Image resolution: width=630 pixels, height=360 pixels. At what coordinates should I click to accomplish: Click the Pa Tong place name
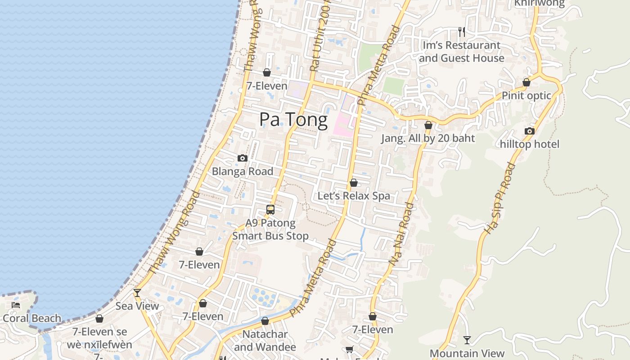point(293,120)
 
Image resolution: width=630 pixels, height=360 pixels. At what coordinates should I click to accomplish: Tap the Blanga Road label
point(243,171)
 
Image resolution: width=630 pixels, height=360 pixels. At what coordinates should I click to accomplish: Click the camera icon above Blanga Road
point(243,158)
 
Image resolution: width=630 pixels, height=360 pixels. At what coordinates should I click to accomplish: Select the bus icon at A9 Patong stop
point(270,209)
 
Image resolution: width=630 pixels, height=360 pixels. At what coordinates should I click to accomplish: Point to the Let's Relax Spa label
point(354,196)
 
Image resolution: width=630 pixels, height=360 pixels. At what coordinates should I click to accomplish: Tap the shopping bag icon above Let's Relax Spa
point(354,183)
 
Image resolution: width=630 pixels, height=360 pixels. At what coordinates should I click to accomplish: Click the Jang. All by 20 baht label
point(428,138)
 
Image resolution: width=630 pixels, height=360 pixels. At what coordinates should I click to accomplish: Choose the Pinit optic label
point(526,95)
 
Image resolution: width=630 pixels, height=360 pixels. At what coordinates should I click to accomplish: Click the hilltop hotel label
point(530,144)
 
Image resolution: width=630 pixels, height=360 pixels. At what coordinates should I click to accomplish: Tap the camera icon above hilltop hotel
point(530,131)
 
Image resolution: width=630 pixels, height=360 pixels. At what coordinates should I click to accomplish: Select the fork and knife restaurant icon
point(461,31)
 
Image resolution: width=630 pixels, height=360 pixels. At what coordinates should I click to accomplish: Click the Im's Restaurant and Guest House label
point(461,52)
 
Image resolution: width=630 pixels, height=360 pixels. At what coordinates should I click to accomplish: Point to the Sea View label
point(137,306)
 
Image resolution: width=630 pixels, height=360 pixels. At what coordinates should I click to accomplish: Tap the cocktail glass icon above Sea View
point(137,293)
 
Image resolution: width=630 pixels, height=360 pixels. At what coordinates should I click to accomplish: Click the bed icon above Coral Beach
point(16,305)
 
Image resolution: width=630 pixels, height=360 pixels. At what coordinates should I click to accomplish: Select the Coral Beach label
point(32,319)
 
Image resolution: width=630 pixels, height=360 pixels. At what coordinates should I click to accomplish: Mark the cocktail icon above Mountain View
point(467,340)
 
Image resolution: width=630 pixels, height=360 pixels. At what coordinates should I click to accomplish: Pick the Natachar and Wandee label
point(265,341)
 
